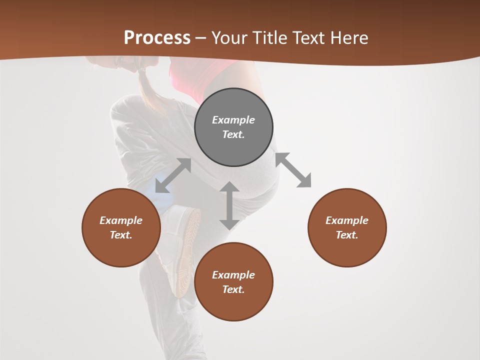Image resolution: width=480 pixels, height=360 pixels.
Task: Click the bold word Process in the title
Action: pyautogui.click(x=157, y=38)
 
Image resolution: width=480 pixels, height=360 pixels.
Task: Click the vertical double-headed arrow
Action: pyautogui.click(x=229, y=205)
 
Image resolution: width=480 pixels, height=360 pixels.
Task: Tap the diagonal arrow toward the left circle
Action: pyautogui.click(x=173, y=175)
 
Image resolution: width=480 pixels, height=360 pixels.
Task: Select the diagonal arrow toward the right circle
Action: pyautogui.click(x=293, y=170)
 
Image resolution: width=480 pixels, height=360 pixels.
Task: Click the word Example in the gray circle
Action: pyautogui.click(x=233, y=120)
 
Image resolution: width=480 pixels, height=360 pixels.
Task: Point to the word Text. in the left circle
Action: pyautogui.click(x=121, y=235)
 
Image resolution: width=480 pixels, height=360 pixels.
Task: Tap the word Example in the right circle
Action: pyautogui.click(x=347, y=220)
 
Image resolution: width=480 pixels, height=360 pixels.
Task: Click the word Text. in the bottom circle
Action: pyautogui.click(x=233, y=289)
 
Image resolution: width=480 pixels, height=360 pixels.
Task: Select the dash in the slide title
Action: pyautogui.click(x=201, y=38)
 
